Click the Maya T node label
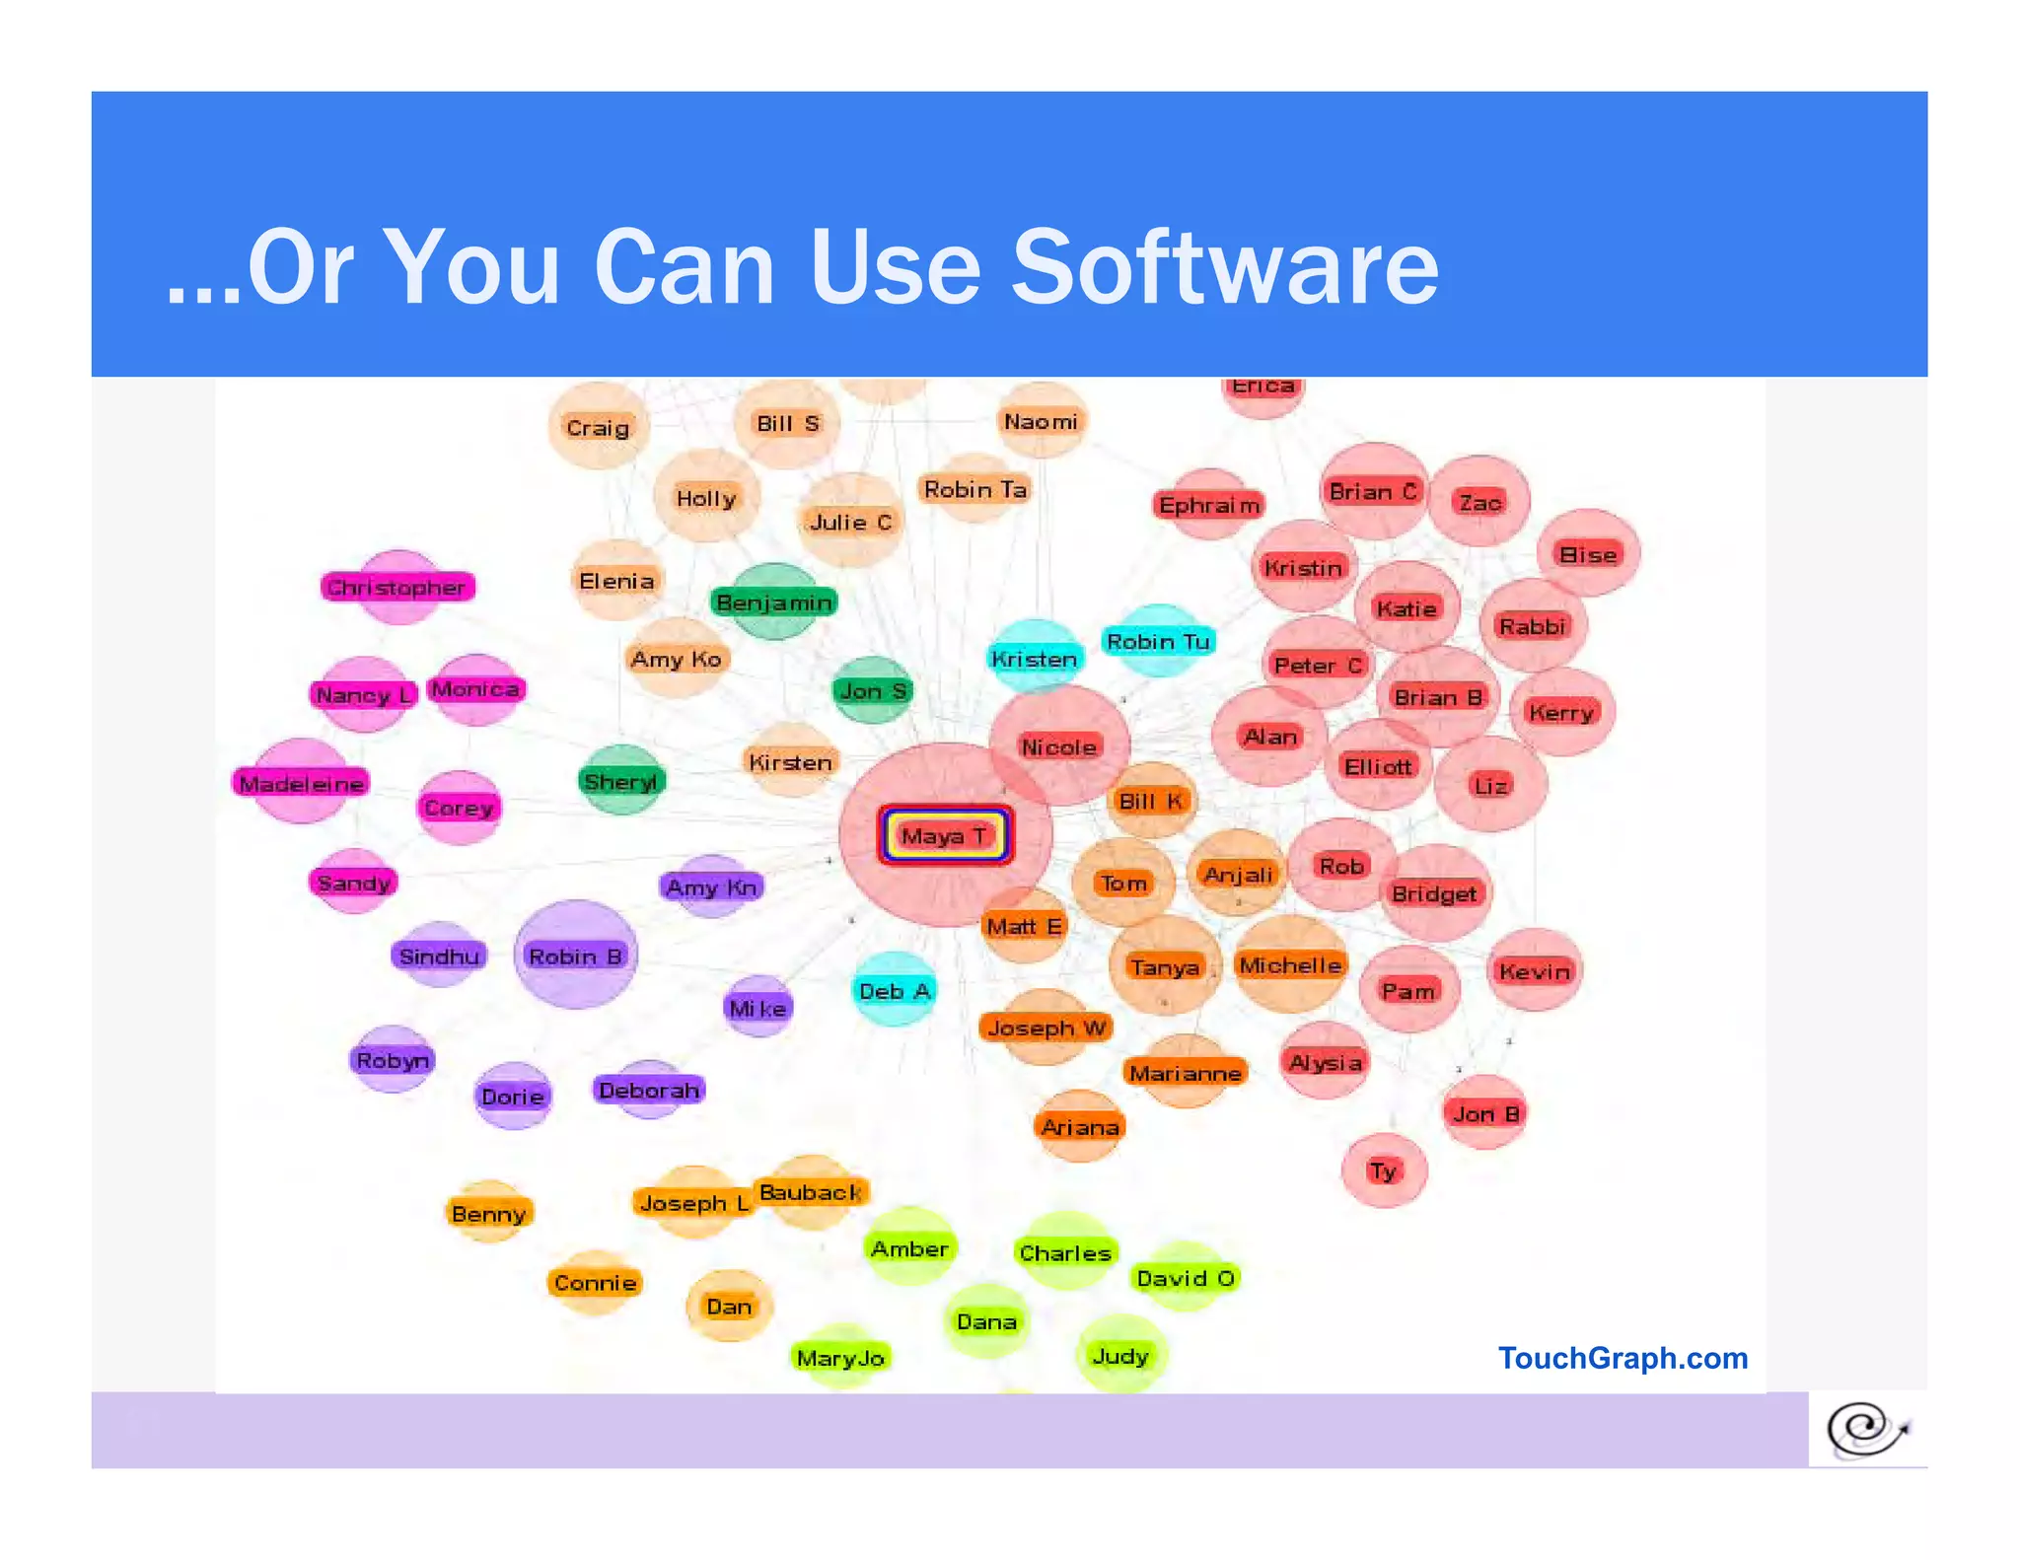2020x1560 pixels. (944, 836)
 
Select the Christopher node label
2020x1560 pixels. (397, 588)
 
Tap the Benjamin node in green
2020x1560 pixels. (774, 603)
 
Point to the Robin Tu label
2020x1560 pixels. (1158, 642)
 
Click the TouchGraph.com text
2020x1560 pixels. (1623, 1358)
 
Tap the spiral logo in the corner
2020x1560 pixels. (1867, 1429)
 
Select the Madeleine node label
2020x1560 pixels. (302, 784)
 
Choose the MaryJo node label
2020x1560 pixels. (840, 1358)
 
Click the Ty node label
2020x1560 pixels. (1383, 1170)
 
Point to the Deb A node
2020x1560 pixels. (895, 991)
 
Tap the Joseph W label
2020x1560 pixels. (1046, 1028)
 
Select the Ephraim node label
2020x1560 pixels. (1209, 506)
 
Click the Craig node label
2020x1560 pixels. (598, 428)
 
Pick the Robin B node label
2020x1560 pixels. (575, 957)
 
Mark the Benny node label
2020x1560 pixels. (488, 1214)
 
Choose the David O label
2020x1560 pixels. (1185, 1278)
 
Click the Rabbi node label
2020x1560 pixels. (1532, 626)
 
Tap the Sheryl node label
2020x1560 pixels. (621, 782)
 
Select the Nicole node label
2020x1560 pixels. (1058, 747)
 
